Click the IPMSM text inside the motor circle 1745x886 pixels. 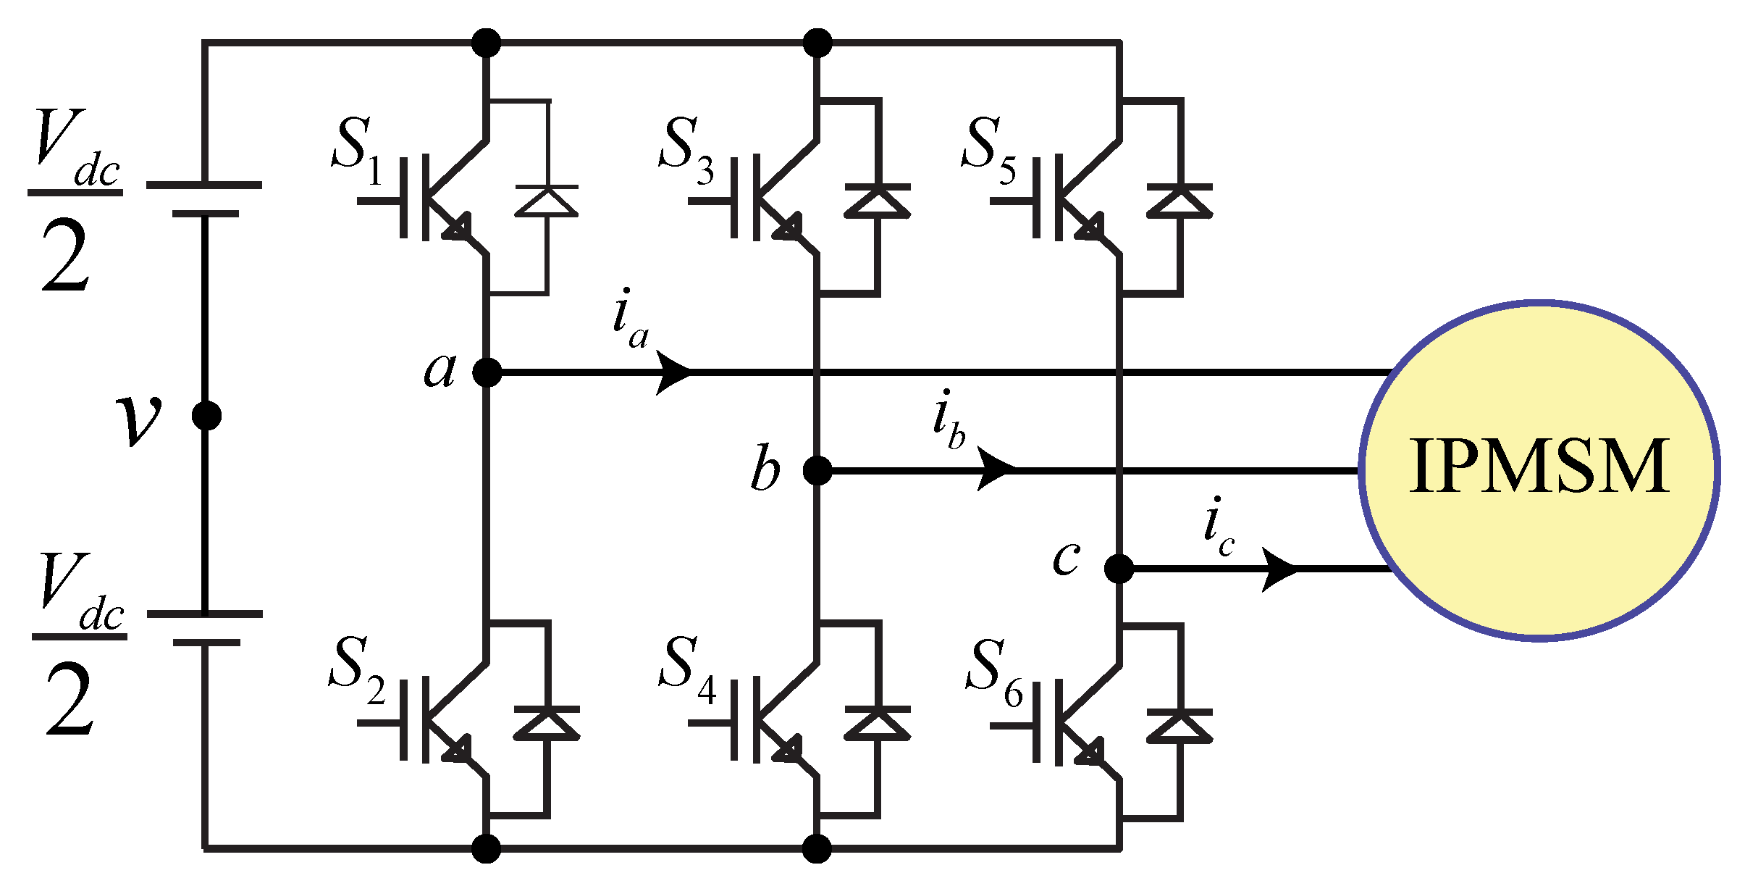[1539, 467]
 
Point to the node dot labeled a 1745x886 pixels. [487, 372]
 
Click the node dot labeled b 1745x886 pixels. [817, 471]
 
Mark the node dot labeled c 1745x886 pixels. [1119, 569]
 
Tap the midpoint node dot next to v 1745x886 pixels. [206, 416]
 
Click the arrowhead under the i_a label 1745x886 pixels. [673, 372]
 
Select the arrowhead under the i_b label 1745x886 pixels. [996, 469]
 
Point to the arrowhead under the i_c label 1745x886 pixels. [1280, 569]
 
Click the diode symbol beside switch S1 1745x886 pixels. [547, 201]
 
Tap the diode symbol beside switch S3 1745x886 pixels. [877, 201]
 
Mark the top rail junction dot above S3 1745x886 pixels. [817, 43]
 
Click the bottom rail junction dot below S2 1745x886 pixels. [487, 848]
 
